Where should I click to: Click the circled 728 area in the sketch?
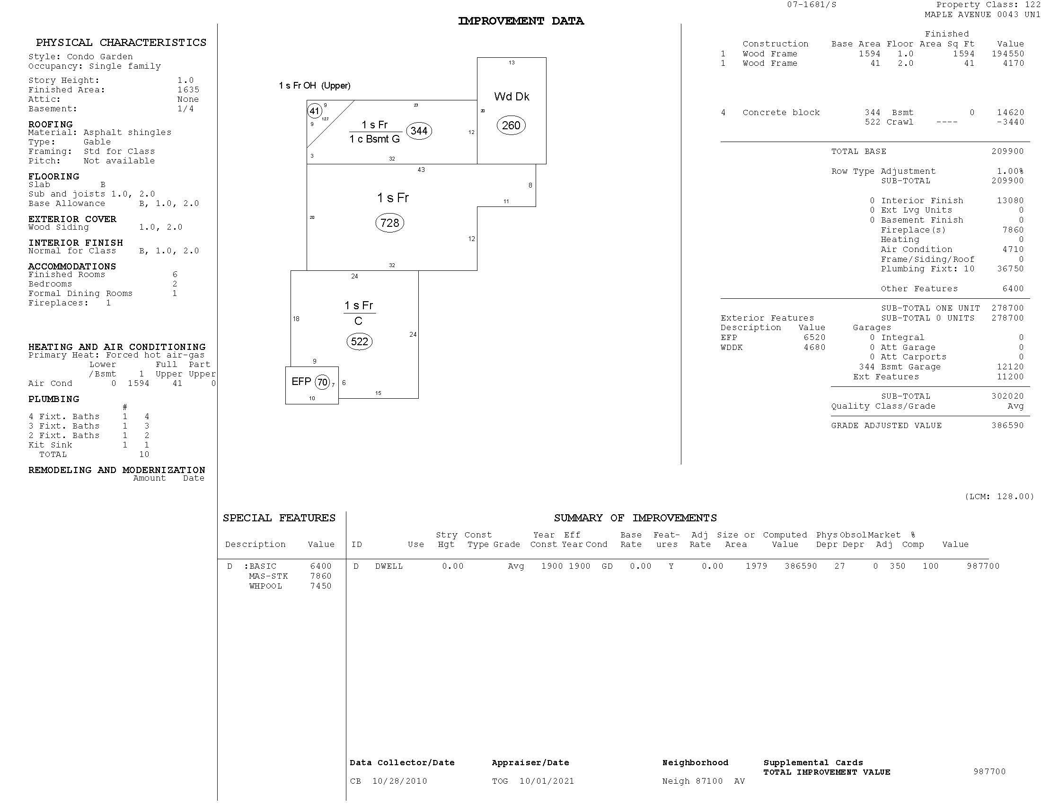coord(389,223)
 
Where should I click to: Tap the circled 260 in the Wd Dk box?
coord(511,125)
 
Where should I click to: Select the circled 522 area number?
coord(359,341)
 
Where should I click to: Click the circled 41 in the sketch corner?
coord(314,111)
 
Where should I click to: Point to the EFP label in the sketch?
coord(301,381)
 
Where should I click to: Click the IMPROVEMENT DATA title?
coord(520,21)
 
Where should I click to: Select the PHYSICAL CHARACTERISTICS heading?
coord(121,43)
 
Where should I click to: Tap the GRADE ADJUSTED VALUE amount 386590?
coord(1007,425)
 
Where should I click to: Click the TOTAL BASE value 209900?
coord(1007,151)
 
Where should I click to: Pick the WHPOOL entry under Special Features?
coord(265,586)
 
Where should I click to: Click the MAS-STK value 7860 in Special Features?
coord(320,576)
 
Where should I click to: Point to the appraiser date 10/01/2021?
coord(546,781)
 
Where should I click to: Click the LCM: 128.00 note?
coord(999,496)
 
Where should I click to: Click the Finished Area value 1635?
coord(188,89)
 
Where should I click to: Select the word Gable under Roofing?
coord(97,142)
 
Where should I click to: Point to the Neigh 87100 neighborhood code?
coord(692,781)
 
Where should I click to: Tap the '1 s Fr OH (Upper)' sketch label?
coord(315,86)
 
